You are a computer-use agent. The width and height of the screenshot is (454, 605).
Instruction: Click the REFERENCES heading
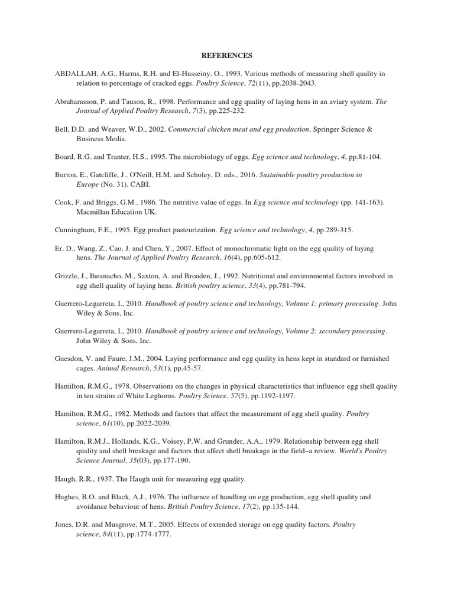pos(226,56)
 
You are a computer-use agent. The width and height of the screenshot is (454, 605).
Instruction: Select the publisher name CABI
pos(128,184)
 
